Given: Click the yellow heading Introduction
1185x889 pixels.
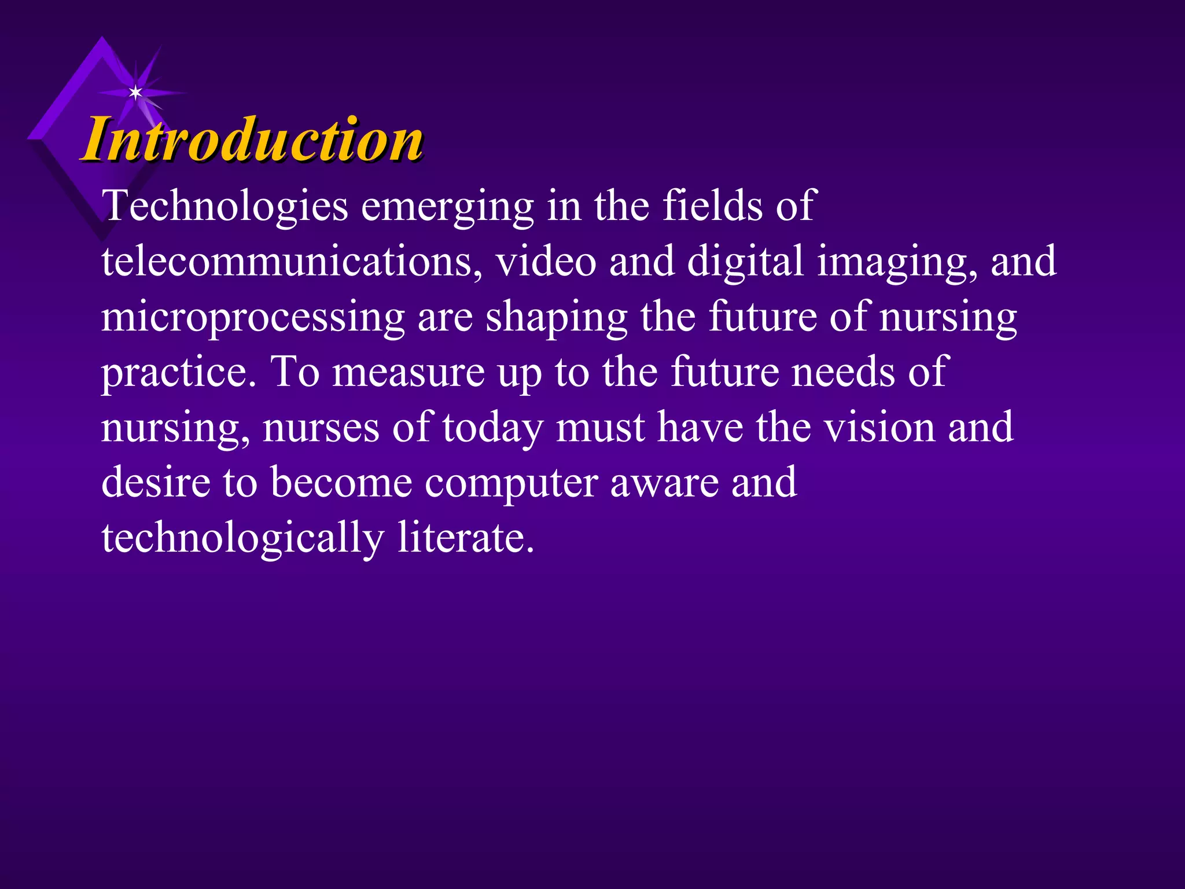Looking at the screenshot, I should tap(253, 140).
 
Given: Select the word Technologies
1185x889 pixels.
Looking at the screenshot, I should tap(225, 207).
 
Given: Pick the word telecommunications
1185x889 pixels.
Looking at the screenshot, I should tap(292, 262).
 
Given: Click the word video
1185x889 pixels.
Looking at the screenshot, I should tap(546, 262).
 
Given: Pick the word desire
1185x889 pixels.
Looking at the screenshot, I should tap(156, 483).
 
